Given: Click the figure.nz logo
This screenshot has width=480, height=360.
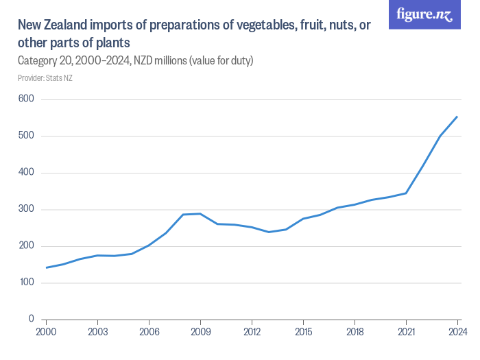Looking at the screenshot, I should pos(424,14).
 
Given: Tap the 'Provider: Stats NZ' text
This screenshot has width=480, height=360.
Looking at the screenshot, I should pos(45,78).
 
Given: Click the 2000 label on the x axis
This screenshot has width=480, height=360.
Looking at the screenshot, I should pos(46,332).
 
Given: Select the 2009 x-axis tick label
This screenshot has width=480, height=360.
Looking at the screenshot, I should pos(200,332).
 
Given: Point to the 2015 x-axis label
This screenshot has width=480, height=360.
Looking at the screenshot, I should pos(303,332).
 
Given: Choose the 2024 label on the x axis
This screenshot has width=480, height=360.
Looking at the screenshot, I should pos(457,332).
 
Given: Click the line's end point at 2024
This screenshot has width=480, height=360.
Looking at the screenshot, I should pos(457,117).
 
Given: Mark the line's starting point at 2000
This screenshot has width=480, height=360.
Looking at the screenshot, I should pos(46,267).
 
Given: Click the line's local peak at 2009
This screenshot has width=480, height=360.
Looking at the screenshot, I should pos(200,213).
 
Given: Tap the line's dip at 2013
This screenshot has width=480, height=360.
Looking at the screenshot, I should pos(269,232).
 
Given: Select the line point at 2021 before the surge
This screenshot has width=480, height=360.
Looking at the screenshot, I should pos(406,193).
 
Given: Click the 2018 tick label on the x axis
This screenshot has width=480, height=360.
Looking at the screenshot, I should pos(355,332).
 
